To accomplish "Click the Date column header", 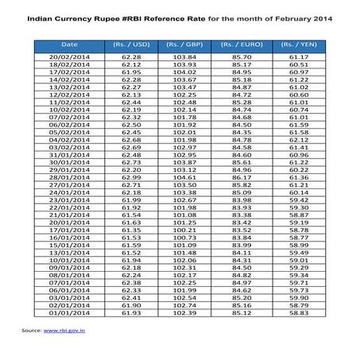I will [70, 45].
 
